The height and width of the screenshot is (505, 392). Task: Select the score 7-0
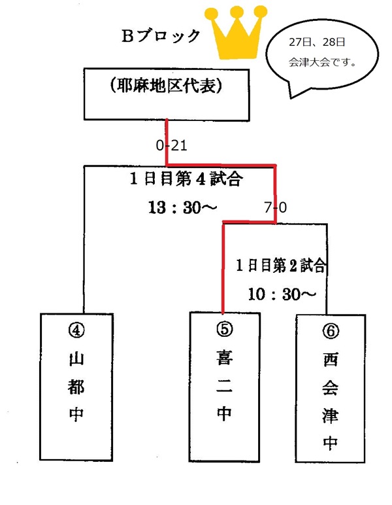275,208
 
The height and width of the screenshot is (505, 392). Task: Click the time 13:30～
182,207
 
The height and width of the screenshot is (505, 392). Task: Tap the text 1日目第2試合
281,266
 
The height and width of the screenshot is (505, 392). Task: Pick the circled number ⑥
331,331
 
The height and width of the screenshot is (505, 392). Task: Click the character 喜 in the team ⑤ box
223,358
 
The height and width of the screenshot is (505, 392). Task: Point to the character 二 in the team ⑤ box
223,386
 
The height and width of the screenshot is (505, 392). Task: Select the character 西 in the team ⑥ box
331,359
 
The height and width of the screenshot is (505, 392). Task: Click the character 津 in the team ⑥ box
331,415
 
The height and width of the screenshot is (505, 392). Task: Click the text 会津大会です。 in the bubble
321,63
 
